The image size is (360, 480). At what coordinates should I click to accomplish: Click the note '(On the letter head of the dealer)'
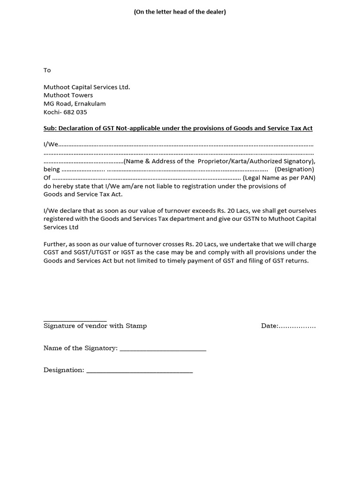pyautogui.click(x=180, y=12)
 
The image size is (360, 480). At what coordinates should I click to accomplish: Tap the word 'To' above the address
pyautogui.click(x=47, y=70)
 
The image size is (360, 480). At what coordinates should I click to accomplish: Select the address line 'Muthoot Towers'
pyautogui.click(x=68, y=95)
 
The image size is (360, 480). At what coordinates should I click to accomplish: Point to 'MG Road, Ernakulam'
pyautogui.click(x=75, y=104)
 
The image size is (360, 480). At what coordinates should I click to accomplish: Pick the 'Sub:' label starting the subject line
pyautogui.click(x=50, y=128)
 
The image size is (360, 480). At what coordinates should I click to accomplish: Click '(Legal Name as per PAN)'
pyautogui.click(x=279, y=178)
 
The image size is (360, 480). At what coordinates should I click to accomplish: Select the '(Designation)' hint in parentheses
pyautogui.click(x=294, y=169)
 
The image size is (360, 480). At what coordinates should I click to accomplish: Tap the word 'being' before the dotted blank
pyautogui.click(x=52, y=169)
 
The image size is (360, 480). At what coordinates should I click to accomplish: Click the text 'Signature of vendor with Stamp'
pyautogui.click(x=95, y=326)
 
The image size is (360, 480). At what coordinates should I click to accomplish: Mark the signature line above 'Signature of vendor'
pyautogui.click(x=75, y=319)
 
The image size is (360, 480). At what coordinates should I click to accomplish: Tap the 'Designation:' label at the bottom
pyautogui.click(x=64, y=370)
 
